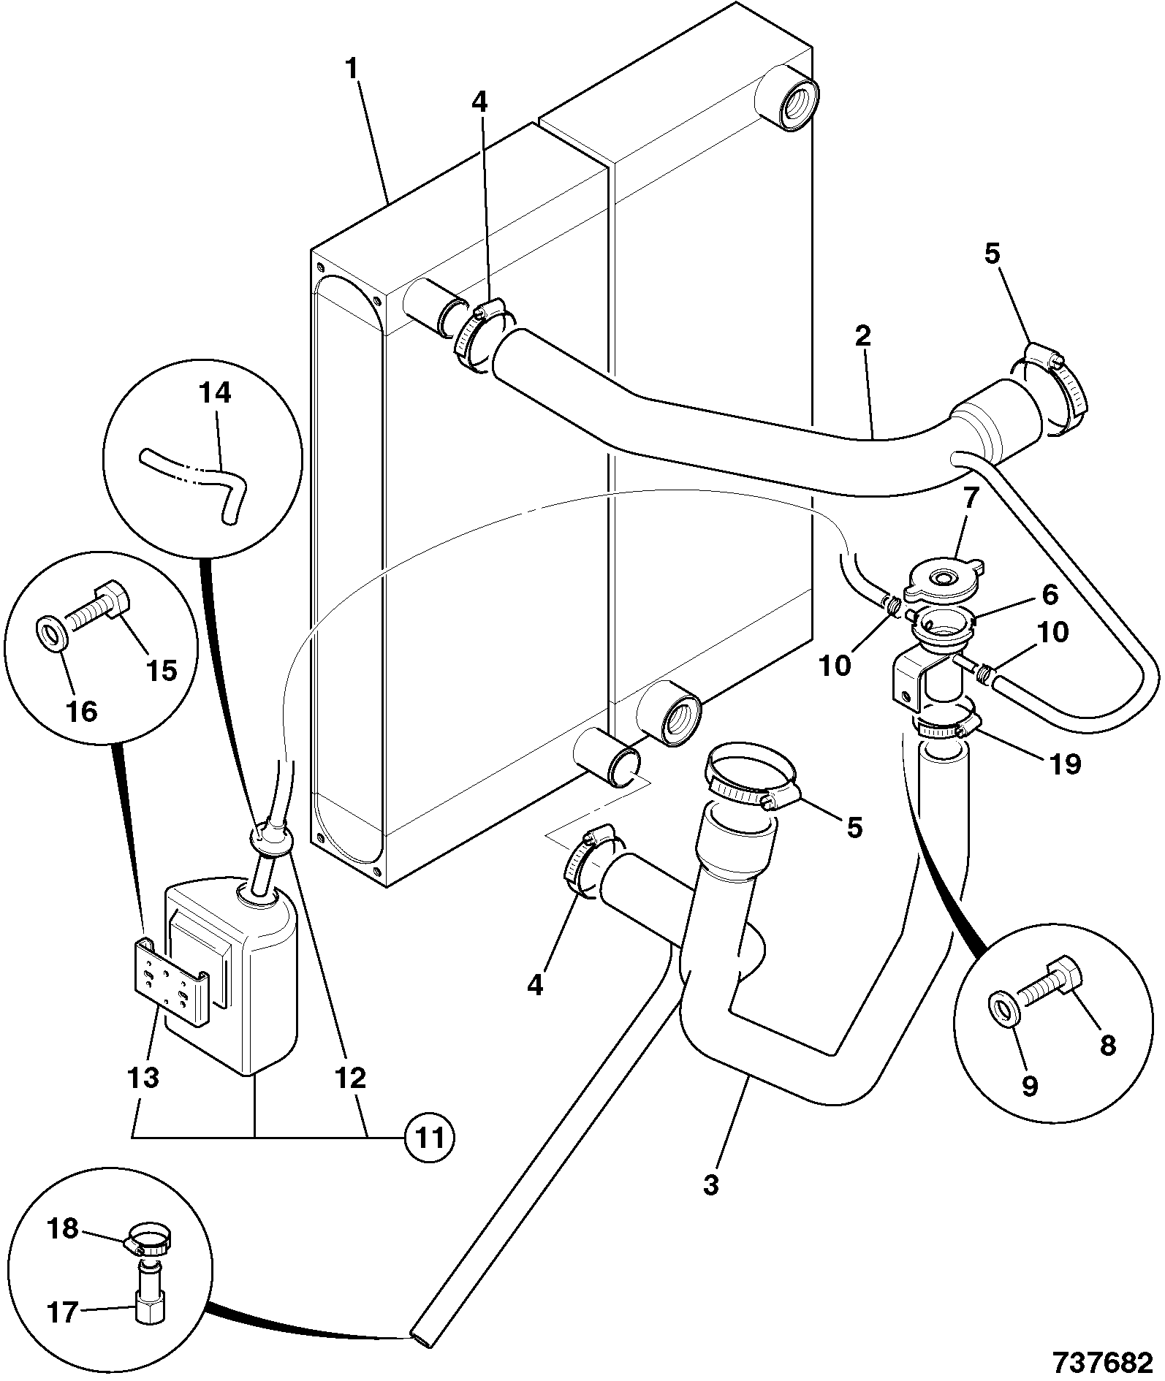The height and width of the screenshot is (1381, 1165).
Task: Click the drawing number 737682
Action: pyautogui.click(x=1104, y=1362)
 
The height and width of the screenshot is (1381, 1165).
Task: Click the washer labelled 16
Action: pyautogui.click(x=51, y=632)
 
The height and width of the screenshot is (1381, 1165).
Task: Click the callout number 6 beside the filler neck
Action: pyautogui.click(x=1050, y=595)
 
